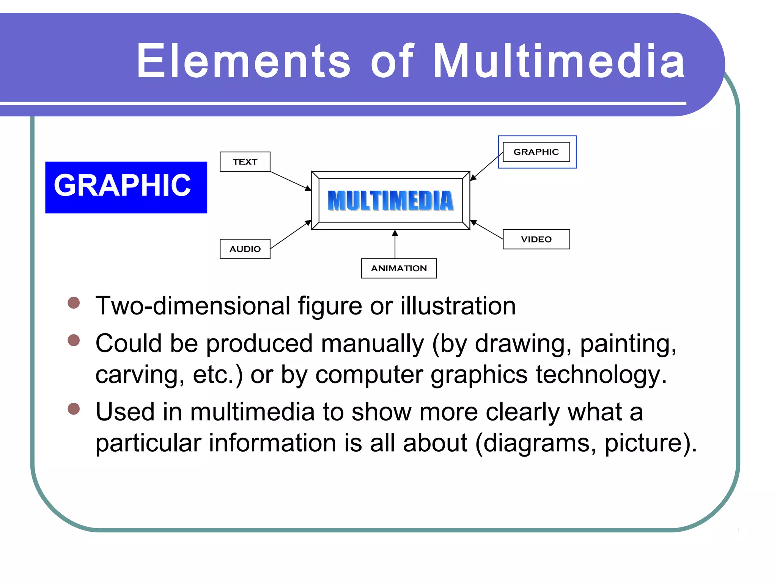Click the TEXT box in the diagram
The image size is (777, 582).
[x=245, y=162]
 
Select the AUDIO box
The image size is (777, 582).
[x=245, y=249]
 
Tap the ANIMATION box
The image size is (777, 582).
[x=399, y=268]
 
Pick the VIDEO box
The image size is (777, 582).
[x=536, y=239]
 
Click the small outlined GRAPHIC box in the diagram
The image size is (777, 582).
[x=536, y=152]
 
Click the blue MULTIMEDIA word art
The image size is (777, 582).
[x=390, y=200]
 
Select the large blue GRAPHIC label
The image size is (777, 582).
[x=126, y=187]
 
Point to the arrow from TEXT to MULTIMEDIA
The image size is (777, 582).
[x=290, y=181]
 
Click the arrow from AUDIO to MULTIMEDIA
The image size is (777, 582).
[x=290, y=235]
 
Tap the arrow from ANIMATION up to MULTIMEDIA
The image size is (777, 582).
[x=395, y=244]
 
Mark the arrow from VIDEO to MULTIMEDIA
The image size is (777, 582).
[x=487, y=230]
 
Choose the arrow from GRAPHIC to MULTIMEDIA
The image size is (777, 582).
[x=487, y=166]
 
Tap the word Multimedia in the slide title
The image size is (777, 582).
[x=559, y=61]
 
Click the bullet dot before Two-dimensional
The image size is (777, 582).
[x=74, y=303]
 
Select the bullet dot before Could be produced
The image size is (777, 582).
[x=74, y=340]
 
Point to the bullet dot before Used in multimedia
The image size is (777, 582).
[x=74, y=409]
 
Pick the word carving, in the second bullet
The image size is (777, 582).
[x=140, y=374]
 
